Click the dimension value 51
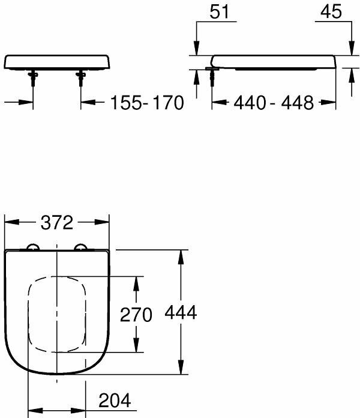pyautogui.click(x=219, y=12)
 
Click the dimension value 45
pyautogui.click(x=331, y=12)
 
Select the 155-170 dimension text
pyautogui.click(x=147, y=103)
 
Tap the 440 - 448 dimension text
pyautogui.click(x=274, y=103)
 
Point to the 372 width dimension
pyautogui.click(x=57, y=223)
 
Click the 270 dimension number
pyautogui.click(x=136, y=315)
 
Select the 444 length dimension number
pyautogui.click(x=181, y=312)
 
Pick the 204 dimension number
pyautogui.click(x=115, y=400)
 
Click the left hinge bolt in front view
pyautogui.click(x=33, y=78)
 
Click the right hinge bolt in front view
pyautogui.click(x=80, y=78)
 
